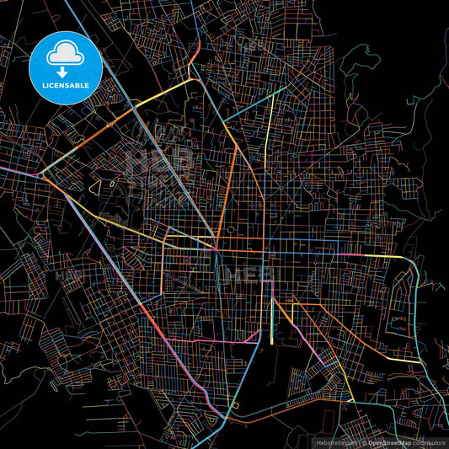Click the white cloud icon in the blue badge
(x=65, y=53)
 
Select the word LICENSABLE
(x=65, y=84)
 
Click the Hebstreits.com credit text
(x=336, y=441)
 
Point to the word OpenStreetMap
(x=390, y=441)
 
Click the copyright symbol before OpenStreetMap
(x=365, y=441)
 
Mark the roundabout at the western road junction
(x=41, y=175)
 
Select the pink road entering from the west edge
(x=17, y=171)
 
